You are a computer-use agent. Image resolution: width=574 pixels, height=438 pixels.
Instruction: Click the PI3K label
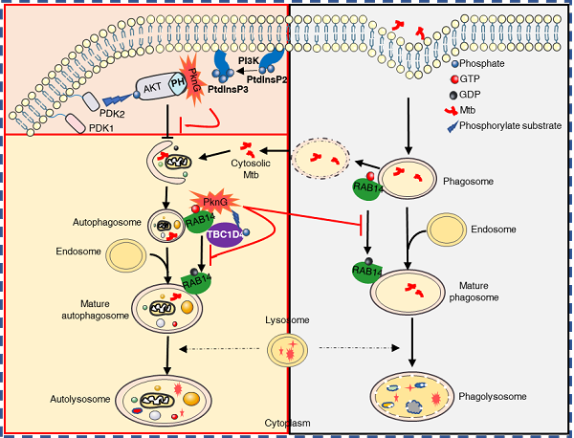click(248, 62)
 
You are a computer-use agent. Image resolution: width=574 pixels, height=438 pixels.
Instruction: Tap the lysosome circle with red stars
click(288, 354)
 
